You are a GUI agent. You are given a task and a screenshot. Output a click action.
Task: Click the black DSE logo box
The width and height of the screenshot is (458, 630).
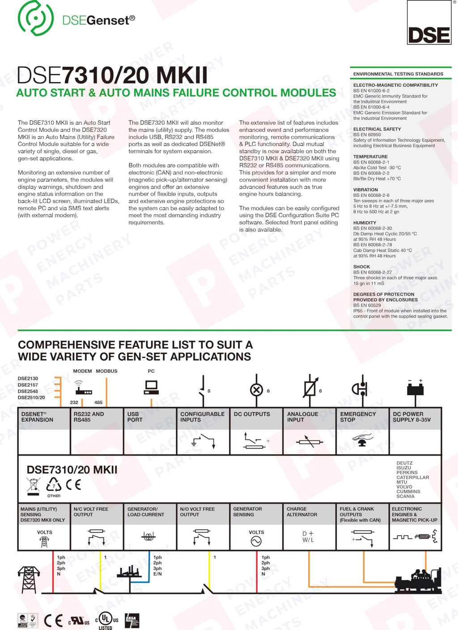pyautogui.click(x=429, y=22)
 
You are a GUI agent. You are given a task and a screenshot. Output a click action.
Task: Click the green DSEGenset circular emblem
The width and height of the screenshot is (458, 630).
pyautogui.click(x=36, y=18)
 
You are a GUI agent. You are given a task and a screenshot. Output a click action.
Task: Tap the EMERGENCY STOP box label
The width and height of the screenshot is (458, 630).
pyautogui.click(x=358, y=417)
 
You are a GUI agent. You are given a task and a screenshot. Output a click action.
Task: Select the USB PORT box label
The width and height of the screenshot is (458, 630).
pyautogui.click(x=135, y=417)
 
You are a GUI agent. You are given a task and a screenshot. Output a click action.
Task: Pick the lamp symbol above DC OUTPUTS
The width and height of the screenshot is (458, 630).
pyautogui.click(x=256, y=390)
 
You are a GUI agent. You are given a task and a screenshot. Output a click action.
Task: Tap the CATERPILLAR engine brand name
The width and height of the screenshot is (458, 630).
pyautogui.click(x=412, y=478)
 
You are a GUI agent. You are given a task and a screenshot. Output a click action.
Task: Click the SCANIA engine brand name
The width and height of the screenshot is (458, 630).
pyautogui.click(x=405, y=496)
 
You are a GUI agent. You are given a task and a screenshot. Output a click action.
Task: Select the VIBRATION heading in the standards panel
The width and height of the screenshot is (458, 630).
pyautogui.click(x=365, y=190)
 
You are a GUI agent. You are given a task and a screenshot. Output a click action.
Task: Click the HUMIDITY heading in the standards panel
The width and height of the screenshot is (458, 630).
pyautogui.click(x=365, y=223)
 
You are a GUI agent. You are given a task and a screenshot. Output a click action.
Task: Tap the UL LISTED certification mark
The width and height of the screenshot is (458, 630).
pyautogui.click(x=106, y=620)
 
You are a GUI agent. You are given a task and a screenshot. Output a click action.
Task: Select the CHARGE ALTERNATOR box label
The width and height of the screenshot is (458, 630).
pyautogui.click(x=301, y=512)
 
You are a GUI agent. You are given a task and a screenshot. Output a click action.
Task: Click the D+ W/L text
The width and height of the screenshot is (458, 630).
pyautogui.click(x=308, y=537)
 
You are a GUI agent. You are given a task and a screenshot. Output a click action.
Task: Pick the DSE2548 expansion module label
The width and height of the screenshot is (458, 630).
pyautogui.click(x=28, y=391)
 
